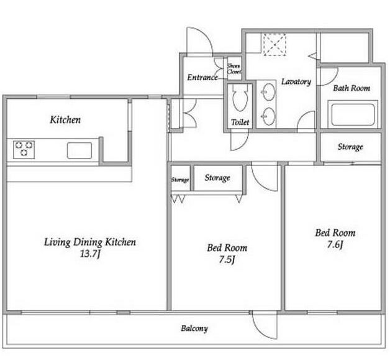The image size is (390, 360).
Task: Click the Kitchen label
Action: (65, 120)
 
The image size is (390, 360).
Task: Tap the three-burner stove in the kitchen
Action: (24, 149)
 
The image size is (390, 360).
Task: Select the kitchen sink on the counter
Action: (79, 150)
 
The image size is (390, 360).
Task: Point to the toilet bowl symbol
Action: (240, 98)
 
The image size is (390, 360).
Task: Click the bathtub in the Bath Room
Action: (353, 114)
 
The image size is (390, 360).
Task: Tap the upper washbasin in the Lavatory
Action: (269, 92)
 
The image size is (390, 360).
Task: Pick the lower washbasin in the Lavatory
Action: (269, 116)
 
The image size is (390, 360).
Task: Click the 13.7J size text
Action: (90, 254)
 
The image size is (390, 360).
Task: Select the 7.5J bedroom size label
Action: (227, 260)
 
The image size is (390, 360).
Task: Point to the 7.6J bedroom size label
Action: (335, 245)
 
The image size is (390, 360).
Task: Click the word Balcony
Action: (194, 329)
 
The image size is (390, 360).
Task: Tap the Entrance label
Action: (202, 78)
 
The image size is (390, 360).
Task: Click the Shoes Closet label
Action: (234, 69)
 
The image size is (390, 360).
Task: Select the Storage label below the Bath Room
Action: (350, 147)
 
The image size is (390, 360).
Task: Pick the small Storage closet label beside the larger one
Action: (180, 180)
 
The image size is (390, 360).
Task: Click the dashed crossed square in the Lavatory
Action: (274, 45)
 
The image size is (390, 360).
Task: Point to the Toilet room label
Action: (240, 122)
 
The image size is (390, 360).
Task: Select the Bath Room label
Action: (351, 88)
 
